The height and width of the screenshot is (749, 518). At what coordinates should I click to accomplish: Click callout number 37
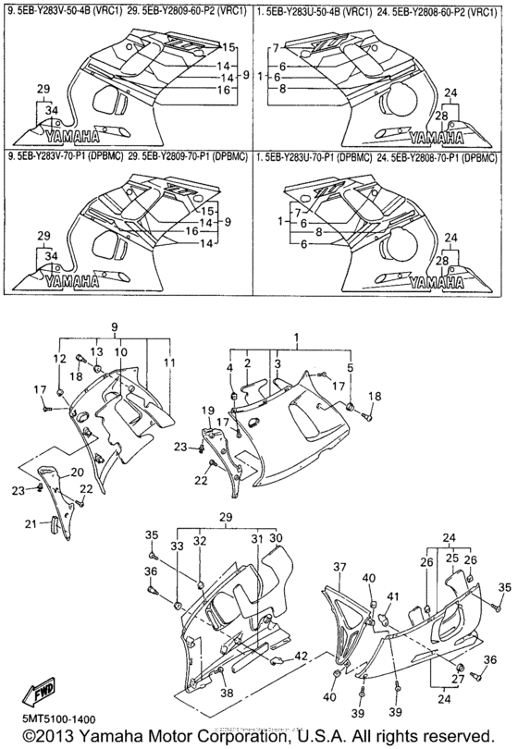pos(339,567)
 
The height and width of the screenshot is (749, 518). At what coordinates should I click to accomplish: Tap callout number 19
pos(209,411)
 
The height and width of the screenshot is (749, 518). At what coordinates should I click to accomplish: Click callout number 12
pos(58,359)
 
